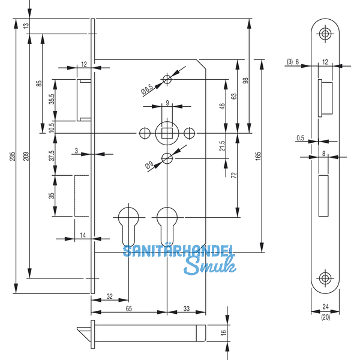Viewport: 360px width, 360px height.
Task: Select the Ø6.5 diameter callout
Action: (x=146, y=90)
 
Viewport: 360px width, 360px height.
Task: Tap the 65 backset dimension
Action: (x=128, y=308)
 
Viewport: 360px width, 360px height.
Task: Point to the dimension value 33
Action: (x=185, y=308)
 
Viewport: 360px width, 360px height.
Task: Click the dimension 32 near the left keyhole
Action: (x=109, y=296)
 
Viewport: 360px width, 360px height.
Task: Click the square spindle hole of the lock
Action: (x=166, y=132)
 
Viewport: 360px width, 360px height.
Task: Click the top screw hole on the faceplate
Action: (x=325, y=34)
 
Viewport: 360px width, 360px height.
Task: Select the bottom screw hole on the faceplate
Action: (x=325, y=277)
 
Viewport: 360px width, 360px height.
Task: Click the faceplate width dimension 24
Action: (x=325, y=305)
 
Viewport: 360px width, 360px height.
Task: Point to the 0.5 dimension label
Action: (x=300, y=139)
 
